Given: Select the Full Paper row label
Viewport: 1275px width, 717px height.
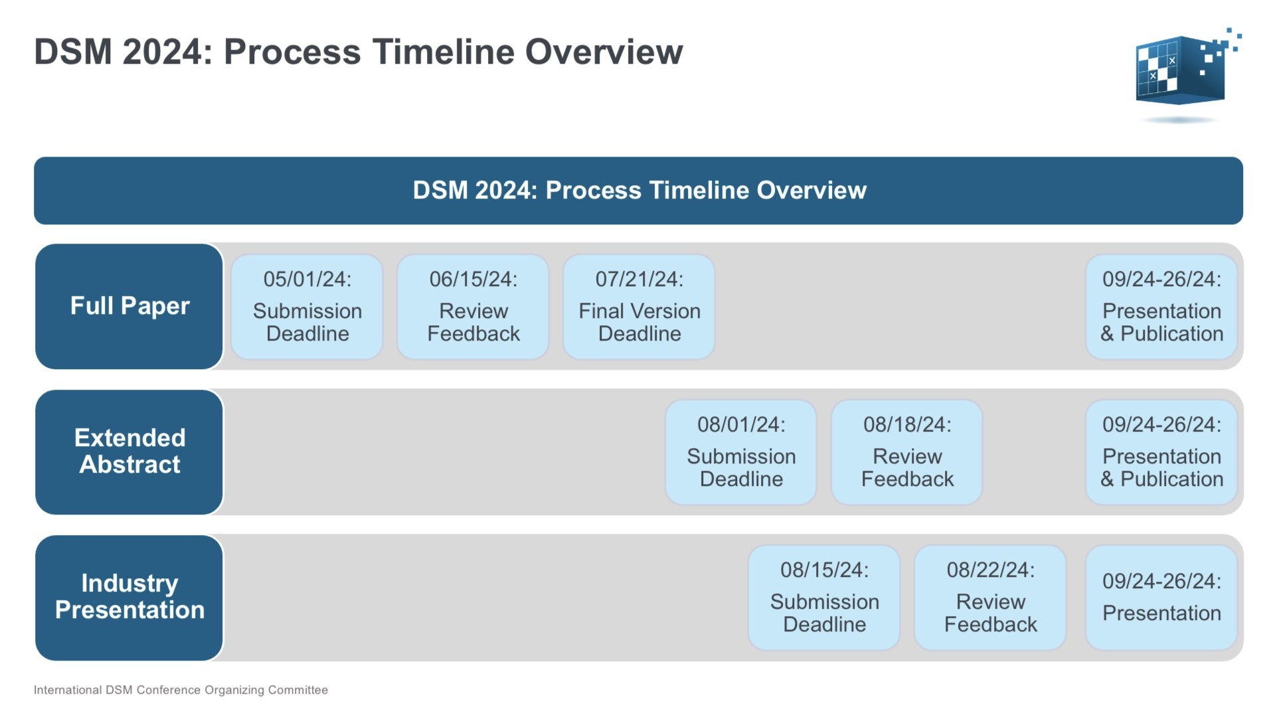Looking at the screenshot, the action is click(129, 306).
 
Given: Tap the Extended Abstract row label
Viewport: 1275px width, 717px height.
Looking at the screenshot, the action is click(129, 451).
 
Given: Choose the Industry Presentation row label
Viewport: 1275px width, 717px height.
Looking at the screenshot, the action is click(129, 597).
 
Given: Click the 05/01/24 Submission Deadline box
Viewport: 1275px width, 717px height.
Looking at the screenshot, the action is click(307, 307).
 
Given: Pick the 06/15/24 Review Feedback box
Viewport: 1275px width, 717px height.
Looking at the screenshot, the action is click(473, 307).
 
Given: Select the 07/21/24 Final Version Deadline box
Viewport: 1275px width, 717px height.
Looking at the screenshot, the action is click(639, 307).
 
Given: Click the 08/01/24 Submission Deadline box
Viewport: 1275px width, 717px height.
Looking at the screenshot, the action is click(741, 452).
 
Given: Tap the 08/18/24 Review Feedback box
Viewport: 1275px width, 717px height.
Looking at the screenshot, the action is click(907, 452).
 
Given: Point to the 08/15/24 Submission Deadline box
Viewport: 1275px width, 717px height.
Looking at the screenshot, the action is click(824, 597).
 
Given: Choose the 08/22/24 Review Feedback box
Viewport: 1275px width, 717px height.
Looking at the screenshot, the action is click(990, 597).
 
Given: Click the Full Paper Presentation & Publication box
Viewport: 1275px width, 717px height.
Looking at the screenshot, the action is click(1161, 307).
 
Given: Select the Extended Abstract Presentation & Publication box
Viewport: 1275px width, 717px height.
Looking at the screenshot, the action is click(1161, 452).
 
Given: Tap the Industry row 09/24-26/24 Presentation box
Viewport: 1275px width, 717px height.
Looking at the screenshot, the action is click(1161, 597).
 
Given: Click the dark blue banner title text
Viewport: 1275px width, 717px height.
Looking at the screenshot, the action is click(639, 191).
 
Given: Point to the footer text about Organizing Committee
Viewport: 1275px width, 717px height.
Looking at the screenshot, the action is click(181, 690).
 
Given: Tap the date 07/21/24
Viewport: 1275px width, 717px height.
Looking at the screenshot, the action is click(639, 279).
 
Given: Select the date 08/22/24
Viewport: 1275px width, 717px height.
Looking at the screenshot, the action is click(990, 570).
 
